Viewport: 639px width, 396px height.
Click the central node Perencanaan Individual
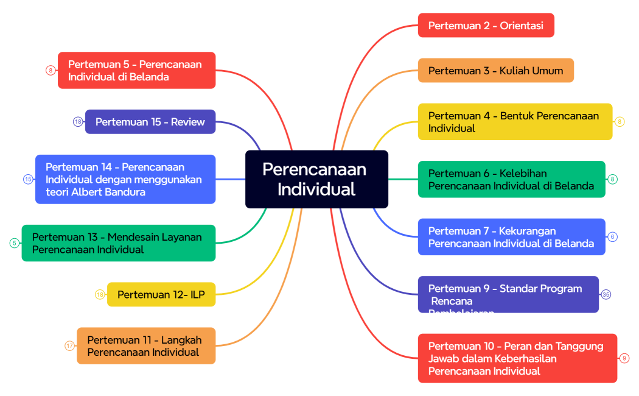pyautogui.click(x=316, y=179)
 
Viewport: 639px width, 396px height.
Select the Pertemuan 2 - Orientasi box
pyautogui.click(x=486, y=26)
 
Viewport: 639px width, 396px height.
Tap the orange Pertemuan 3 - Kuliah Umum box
pyautogui.click(x=495, y=71)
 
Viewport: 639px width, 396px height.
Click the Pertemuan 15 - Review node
pyautogui.click(x=150, y=122)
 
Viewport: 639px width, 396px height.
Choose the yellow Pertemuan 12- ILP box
pyautogui.click(x=161, y=295)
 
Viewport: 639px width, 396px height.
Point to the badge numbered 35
pyautogui.click(x=606, y=295)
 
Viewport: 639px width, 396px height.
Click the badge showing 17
pyautogui.click(x=70, y=346)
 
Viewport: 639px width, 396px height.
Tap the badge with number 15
pyautogui.click(x=29, y=179)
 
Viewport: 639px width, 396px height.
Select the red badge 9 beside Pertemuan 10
pyautogui.click(x=624, y=358)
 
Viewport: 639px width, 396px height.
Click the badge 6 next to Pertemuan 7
pyautogui.click(x=612, y=237)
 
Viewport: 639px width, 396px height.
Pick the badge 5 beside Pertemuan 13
pyautogui.click(x=14, y=243)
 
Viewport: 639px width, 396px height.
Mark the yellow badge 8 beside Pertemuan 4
pyautogui.click(x=620, y=122)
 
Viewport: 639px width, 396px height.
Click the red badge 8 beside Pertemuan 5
pyautogui.click(x=51, y=70)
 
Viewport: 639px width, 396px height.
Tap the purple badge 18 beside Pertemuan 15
pyautogui.click(x=78, y=122)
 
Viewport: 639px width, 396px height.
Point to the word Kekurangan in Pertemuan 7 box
pyautogui.click(x=527, y=231)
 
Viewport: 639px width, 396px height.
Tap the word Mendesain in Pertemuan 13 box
pyautogui.click(x=133, y=237)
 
